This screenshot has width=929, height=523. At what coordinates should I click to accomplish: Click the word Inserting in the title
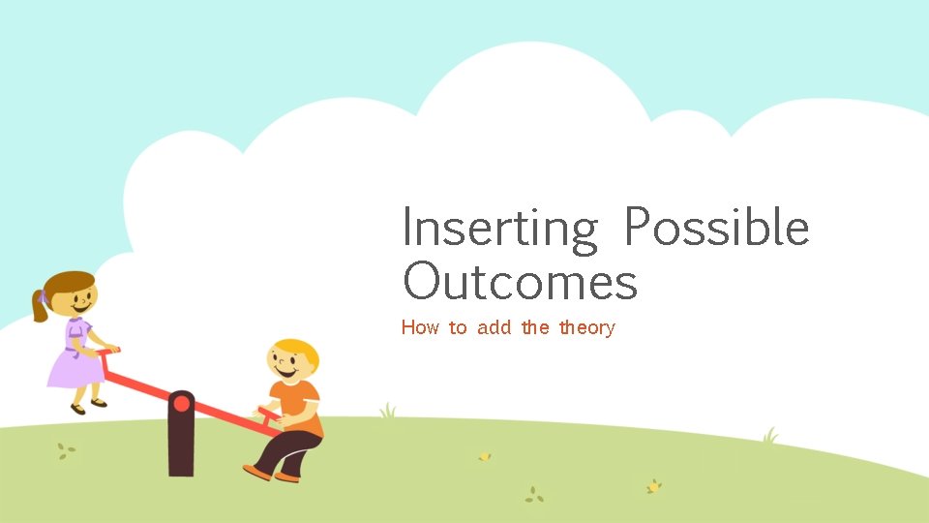[x=500, y=230]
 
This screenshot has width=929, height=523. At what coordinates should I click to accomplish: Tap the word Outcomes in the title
[x=520, y=282]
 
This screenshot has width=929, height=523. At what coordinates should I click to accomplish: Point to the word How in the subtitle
[x=420, y=327]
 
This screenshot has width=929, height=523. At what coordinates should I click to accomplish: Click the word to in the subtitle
[x=458, y=327]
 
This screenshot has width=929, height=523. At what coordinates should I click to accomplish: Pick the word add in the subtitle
[x=494, y=327]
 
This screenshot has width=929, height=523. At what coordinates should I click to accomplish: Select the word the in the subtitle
[x=535, y=327]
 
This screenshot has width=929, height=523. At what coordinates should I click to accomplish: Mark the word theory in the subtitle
[x=586, y=328]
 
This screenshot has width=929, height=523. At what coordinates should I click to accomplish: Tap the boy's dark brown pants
[x=290, y=449]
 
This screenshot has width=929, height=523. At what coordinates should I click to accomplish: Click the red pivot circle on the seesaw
[x=181, y=403]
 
